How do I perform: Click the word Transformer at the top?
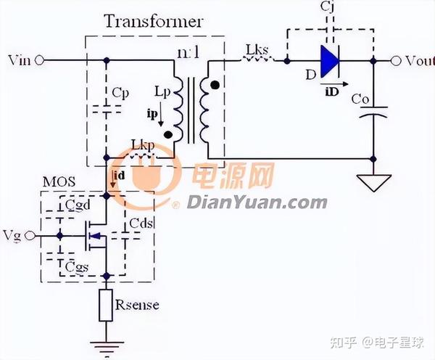click(153, 20)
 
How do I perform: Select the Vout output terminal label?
click(415, 61)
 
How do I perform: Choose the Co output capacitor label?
click(358, 98)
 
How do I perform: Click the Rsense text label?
click(138, 305)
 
